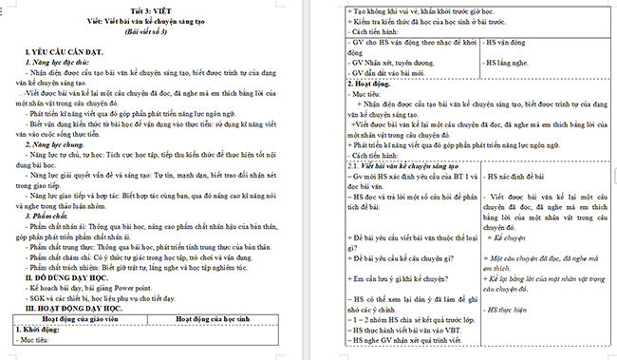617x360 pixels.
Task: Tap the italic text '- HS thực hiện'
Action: click(512, 311)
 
